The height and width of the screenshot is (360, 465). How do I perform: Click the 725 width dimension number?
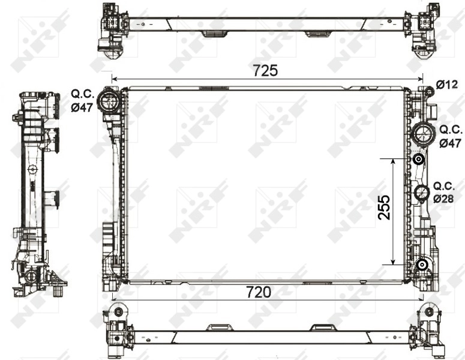[265, 70]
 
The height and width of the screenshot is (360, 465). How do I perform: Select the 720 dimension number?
[259, 292]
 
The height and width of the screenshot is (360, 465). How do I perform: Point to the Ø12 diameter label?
[447, 85]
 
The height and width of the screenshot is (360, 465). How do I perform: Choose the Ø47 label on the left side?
[83, 108]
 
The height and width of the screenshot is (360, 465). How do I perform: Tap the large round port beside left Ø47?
[109, 101]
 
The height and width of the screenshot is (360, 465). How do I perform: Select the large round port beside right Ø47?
[424, 133]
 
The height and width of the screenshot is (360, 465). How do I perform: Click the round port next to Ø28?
[422, 193]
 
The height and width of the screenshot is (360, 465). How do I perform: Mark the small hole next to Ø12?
[428, 91]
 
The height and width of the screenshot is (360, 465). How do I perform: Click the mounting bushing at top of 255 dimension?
[418, 160]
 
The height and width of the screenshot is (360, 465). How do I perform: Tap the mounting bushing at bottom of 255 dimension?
[422, 265]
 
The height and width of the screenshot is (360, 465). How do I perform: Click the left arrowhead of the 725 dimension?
[114, 79]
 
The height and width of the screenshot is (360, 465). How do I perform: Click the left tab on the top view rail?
[211, 34]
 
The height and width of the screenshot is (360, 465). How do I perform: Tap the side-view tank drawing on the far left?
[37, 192]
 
